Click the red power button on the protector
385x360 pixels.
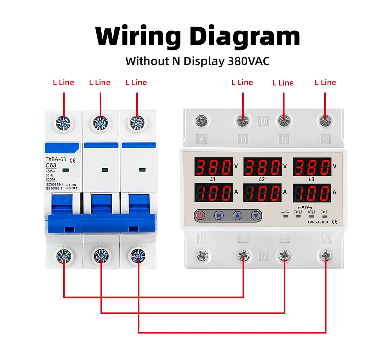pos(200,216)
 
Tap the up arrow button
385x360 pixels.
pos(238,216)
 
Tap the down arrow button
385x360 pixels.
pos(256,216)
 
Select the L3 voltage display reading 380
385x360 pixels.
pos(312,166)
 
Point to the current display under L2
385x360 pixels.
pos(263,193)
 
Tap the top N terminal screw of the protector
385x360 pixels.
pos(201,121)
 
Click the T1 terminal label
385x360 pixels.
pos(243,139)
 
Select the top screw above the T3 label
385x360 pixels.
pos(326,121)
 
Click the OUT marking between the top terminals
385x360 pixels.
pos(263,121)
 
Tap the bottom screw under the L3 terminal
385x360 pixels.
pos(326,255)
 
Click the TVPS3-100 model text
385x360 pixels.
pos(317,222)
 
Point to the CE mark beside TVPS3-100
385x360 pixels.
pos(335,222)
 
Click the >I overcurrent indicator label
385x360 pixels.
pos(324,211)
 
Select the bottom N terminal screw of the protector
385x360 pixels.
pos(202,255)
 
